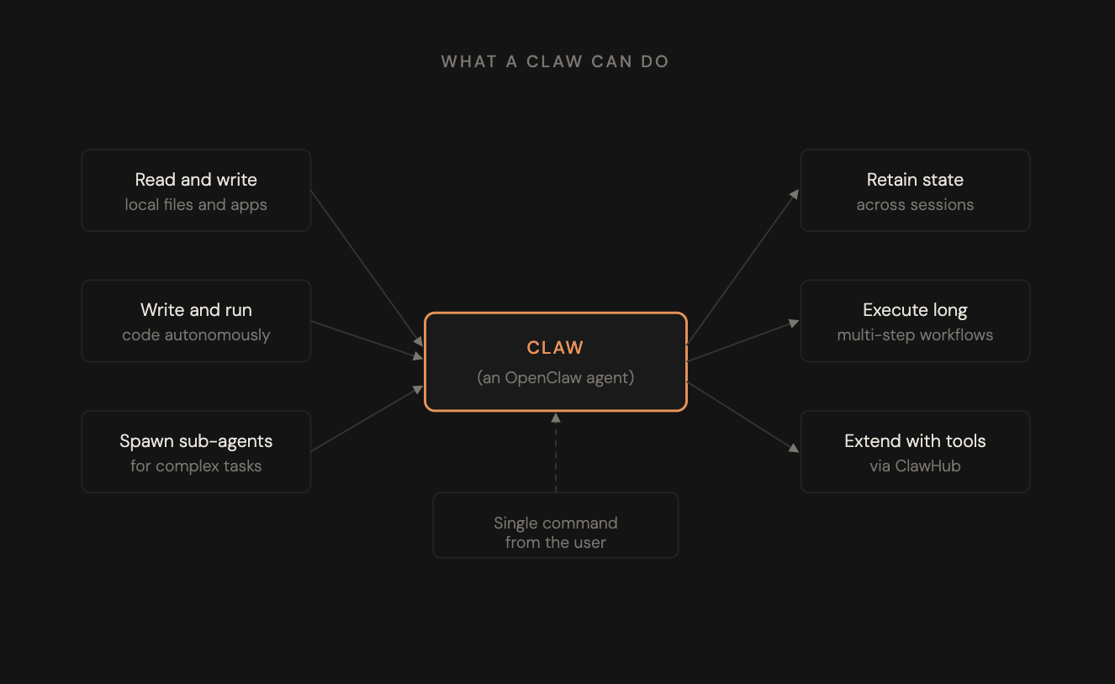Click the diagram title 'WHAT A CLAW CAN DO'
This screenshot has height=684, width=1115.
(x=555, y=61)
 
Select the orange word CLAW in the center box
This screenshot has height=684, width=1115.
(x=555, y=348)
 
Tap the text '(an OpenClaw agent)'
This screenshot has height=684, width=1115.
(x=556, y=377)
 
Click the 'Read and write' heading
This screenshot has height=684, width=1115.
(x=196, y=180)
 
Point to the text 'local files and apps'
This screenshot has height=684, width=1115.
(x=196, y=205)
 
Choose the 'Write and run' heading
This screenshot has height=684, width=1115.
(x=196, y=310)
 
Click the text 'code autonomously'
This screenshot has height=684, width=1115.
(x=196, y=335)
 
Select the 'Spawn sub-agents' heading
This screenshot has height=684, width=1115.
(x=196, y=441)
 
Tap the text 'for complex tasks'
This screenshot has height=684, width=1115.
(x=196, y=466)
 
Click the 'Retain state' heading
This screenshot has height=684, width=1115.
(x=915, y=180)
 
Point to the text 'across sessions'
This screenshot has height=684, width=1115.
(x=915, y=205)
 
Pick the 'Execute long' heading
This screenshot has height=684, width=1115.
(x=915, y=310)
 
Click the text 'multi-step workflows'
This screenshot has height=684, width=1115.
(x=915, y=335)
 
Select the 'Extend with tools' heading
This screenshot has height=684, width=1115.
(x=915, y=441)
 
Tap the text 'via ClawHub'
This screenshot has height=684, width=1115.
(x=915, y=466)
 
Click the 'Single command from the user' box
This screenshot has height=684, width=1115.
(x=556, y=525)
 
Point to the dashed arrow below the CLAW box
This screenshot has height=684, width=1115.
(x=556, y=453)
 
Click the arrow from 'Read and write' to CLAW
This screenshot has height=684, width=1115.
(x=367, y=269)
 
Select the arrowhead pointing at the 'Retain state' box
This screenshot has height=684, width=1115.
(x=795, y=193)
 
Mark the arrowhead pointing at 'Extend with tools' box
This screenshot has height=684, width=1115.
(x=794, y=448)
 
